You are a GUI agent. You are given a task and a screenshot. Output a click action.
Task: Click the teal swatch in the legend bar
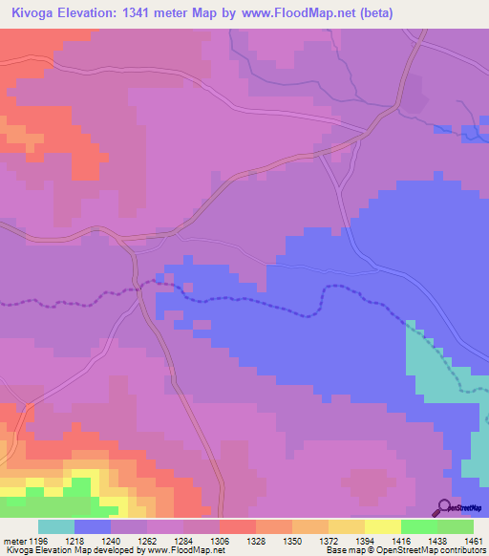(55, 526)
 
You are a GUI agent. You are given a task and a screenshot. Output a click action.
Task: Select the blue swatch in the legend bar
(92, 526)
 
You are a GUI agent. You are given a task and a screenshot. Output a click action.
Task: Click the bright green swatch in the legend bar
(419, 526)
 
